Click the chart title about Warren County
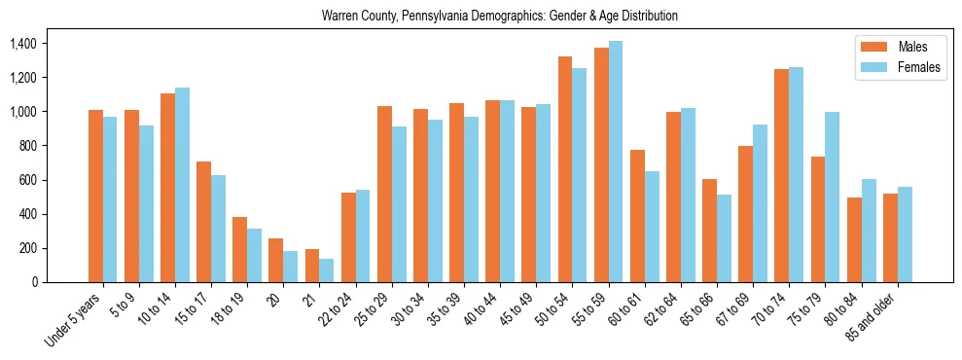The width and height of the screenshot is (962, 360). point(499,16)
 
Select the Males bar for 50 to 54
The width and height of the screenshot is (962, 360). point(565,169)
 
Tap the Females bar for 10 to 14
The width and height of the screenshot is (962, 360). point(182,185)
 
